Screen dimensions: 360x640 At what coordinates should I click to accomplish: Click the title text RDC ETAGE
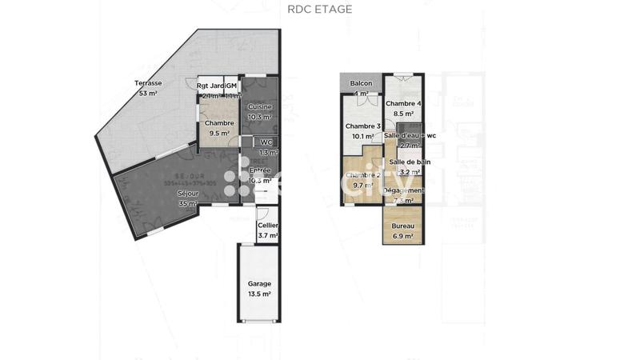[319, 10]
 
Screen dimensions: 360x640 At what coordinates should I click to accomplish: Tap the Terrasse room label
[148, 83]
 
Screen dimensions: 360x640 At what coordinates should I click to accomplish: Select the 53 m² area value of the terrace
[148, 94]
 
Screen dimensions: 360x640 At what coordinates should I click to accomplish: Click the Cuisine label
[260, 106]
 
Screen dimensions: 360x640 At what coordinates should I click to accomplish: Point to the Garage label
[259, 283]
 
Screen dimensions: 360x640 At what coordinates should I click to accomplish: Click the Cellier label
[268, 226]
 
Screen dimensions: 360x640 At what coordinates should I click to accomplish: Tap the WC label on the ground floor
[267, 142]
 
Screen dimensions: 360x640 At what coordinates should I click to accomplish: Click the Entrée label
[260, 170]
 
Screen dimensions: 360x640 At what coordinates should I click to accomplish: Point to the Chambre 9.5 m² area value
[218, 134]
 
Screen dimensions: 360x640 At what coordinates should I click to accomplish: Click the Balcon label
[362, 83]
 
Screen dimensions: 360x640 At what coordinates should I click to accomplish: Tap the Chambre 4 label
[402, 104]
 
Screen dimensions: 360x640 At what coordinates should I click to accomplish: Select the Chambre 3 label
[362, 126]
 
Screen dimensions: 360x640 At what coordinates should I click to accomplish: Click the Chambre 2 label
[362, 174]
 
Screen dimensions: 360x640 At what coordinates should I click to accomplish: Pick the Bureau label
[402, 226]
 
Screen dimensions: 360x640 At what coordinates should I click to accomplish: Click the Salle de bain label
[410, 162]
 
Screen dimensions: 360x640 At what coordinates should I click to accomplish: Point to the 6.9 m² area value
[402, 236]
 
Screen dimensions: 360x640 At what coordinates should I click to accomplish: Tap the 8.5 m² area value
[402, 114]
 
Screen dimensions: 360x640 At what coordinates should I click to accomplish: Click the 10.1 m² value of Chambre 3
[362, 136]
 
